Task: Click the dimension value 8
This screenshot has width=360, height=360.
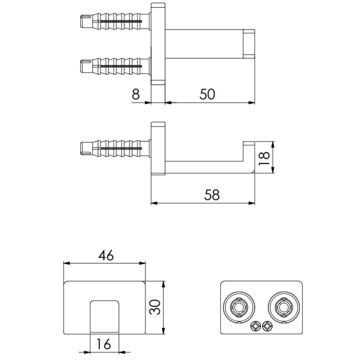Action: [x=136, y=94]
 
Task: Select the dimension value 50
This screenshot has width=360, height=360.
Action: [x=207, y=94]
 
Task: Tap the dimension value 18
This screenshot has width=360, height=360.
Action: [x=264, y=157]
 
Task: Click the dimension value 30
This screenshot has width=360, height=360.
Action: [x=155, y=307]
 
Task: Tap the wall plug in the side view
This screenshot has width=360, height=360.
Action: [x=114, y=148]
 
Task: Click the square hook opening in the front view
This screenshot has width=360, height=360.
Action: [x=104, y=315]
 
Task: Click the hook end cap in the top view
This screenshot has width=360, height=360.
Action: [x=249, y=44]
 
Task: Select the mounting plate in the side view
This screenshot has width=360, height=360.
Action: [x=158, y=148]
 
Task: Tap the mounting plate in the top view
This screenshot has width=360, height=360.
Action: [x=157, y=44]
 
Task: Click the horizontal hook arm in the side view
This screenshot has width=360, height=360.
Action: [x=205, y=167]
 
